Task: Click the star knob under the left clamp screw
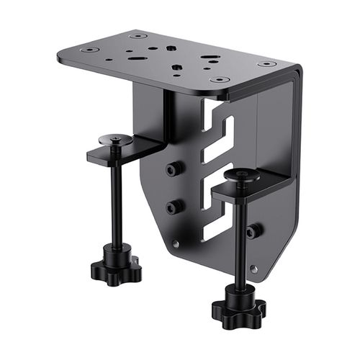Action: [116, 268]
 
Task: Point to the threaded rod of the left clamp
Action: [116, 202]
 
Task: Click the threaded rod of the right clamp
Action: [240, 238]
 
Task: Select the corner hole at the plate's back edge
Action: [138, 35]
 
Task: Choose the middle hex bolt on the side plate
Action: [173, 207]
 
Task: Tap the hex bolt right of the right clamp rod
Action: [253, 231]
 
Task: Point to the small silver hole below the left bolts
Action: [175, 244]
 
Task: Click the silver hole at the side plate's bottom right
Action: [253, 269]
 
